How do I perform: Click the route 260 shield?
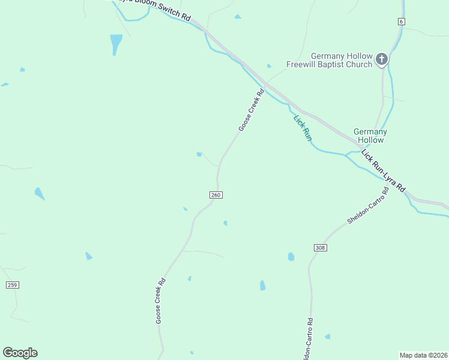coord(217,195)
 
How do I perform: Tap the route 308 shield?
coord(319,247)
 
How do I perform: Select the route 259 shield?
coord(12,284)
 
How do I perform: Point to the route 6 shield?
coord(401,22)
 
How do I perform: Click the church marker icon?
coord(382,59)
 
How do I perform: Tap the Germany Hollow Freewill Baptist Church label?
coord(329,60)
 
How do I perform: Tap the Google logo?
coord(20,353)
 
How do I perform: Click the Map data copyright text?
coord(423,355)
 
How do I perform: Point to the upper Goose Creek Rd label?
coord(252,110)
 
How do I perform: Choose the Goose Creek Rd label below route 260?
coord(160,301)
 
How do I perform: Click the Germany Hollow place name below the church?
coord(370,136)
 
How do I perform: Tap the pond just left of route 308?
coord(291,257)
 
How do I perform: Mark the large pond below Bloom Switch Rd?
coord(116,43)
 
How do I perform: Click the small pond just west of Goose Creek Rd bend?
coord(199,154)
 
